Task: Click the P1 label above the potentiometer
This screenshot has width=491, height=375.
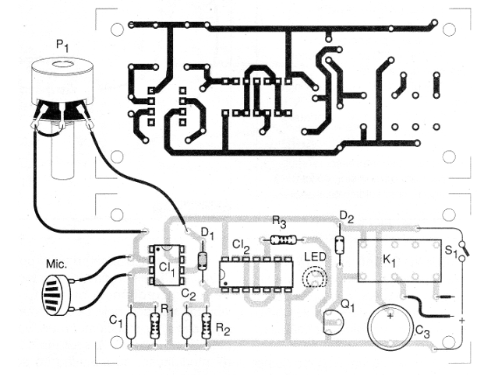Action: (62, 47)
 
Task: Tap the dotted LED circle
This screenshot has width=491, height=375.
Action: (315, 277)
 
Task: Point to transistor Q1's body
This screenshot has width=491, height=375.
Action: (330, 321)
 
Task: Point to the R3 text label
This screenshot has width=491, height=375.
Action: (280, 223)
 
